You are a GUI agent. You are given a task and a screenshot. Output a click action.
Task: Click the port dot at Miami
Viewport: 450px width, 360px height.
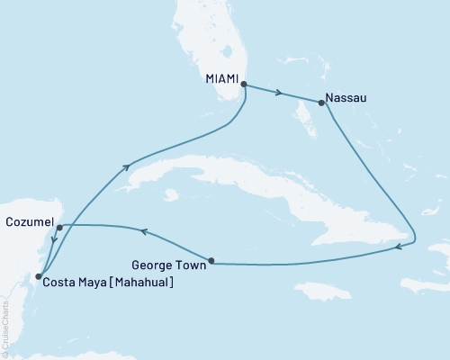pos(244,85)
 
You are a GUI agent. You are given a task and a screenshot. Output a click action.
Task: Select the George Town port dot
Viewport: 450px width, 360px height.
pos(211,262)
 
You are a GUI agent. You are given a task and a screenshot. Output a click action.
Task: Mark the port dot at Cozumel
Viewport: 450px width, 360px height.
pos(58,228)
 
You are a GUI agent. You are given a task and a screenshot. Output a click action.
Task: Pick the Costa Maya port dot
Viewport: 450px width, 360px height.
pos(37,277)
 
